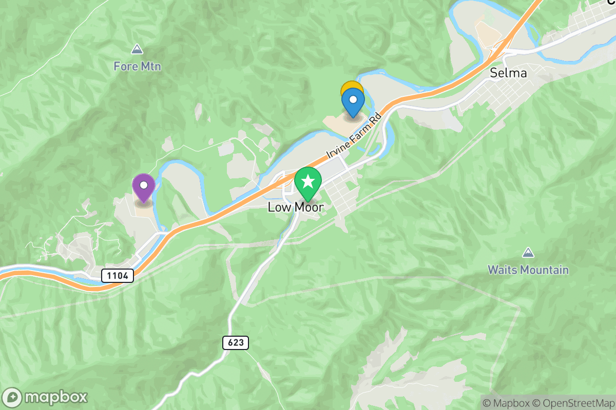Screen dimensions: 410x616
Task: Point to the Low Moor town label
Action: pyautogui.click(x=296, y=208)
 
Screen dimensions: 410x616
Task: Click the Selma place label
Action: pyautogui.click(x=508, y=73)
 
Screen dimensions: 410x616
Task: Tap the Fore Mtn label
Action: pyautogui.click(x=137, y=67)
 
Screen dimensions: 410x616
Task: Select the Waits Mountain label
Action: pyautogui.click(x=528, y=270)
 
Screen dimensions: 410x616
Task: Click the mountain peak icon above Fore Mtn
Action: pyautogui.click(x=137, y=50)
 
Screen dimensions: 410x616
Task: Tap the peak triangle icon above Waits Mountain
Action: pyautogui.click(x=528, y=253)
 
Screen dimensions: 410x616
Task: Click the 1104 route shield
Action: pyautogui.click(x=118, y=276)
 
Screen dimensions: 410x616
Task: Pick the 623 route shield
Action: pyautogui.click(x=236, y=343)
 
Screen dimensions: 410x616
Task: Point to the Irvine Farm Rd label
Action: pyautogui.click(x=354, y=136)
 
